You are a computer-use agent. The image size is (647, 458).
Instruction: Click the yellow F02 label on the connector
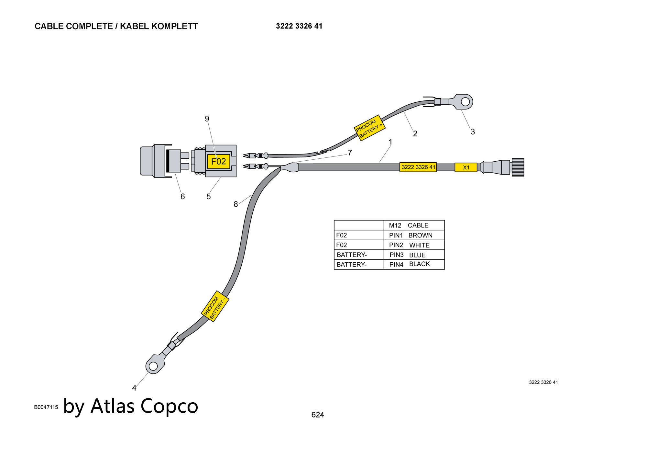(218, 161)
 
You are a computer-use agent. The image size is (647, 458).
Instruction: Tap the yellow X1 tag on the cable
(466, 167)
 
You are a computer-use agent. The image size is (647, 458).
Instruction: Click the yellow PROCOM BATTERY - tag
(215, 306)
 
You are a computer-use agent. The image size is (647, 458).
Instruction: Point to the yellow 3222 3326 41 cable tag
(418, 167)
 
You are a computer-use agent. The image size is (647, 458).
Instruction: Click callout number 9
(207, 119)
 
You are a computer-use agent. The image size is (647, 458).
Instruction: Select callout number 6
(182, 197)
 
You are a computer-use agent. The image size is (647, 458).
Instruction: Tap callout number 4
(134, 388)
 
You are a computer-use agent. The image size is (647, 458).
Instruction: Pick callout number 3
(473, 132)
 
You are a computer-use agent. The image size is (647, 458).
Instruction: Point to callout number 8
(236, 204)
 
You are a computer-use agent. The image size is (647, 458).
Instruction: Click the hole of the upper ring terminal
(465, 102)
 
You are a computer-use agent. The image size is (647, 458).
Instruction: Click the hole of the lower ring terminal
(153, 366)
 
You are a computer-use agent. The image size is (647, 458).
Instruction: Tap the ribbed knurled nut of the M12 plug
(518, 167)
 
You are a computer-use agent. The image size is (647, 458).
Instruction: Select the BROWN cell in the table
(420, 235)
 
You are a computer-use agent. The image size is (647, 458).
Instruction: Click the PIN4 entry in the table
(396, 265)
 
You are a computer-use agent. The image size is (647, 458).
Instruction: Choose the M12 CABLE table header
(409, 225)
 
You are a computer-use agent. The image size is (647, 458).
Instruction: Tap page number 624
(318, 415)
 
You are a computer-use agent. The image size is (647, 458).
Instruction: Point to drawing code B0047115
(46, 407)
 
